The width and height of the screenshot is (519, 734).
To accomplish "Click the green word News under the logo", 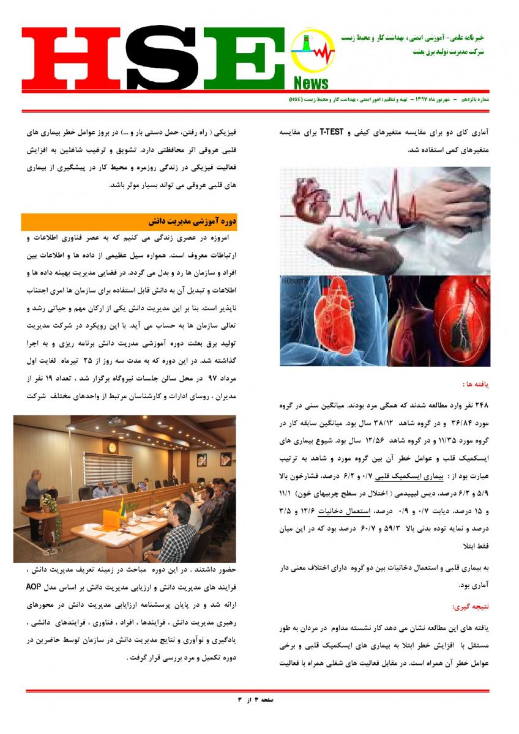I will click(x=310, y=83).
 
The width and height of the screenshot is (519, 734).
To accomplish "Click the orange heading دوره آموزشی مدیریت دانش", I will click(x=192, y=221).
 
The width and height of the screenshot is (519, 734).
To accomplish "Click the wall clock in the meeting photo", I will click(x=112, y=447).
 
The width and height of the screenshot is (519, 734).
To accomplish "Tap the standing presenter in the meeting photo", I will click(x=33, y=502).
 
